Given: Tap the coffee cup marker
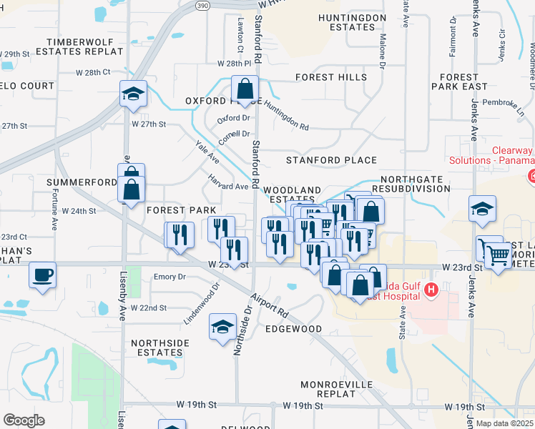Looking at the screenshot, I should (x=42, y=275).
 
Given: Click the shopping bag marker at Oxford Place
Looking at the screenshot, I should (x=245, y=90).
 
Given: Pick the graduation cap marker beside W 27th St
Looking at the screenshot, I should (x=133, y=94).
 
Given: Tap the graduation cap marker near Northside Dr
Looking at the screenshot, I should (x=222, y=327).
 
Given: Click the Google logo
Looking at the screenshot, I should (x=24, y=420).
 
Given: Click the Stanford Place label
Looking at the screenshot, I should (x=331, y=159).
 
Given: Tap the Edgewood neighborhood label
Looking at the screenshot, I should (x=293, y=329).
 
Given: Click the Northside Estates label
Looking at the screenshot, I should (x=160, y=347).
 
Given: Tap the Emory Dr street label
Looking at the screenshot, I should (x=170, y=277).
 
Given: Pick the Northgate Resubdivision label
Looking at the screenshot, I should (x=415, y=184).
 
